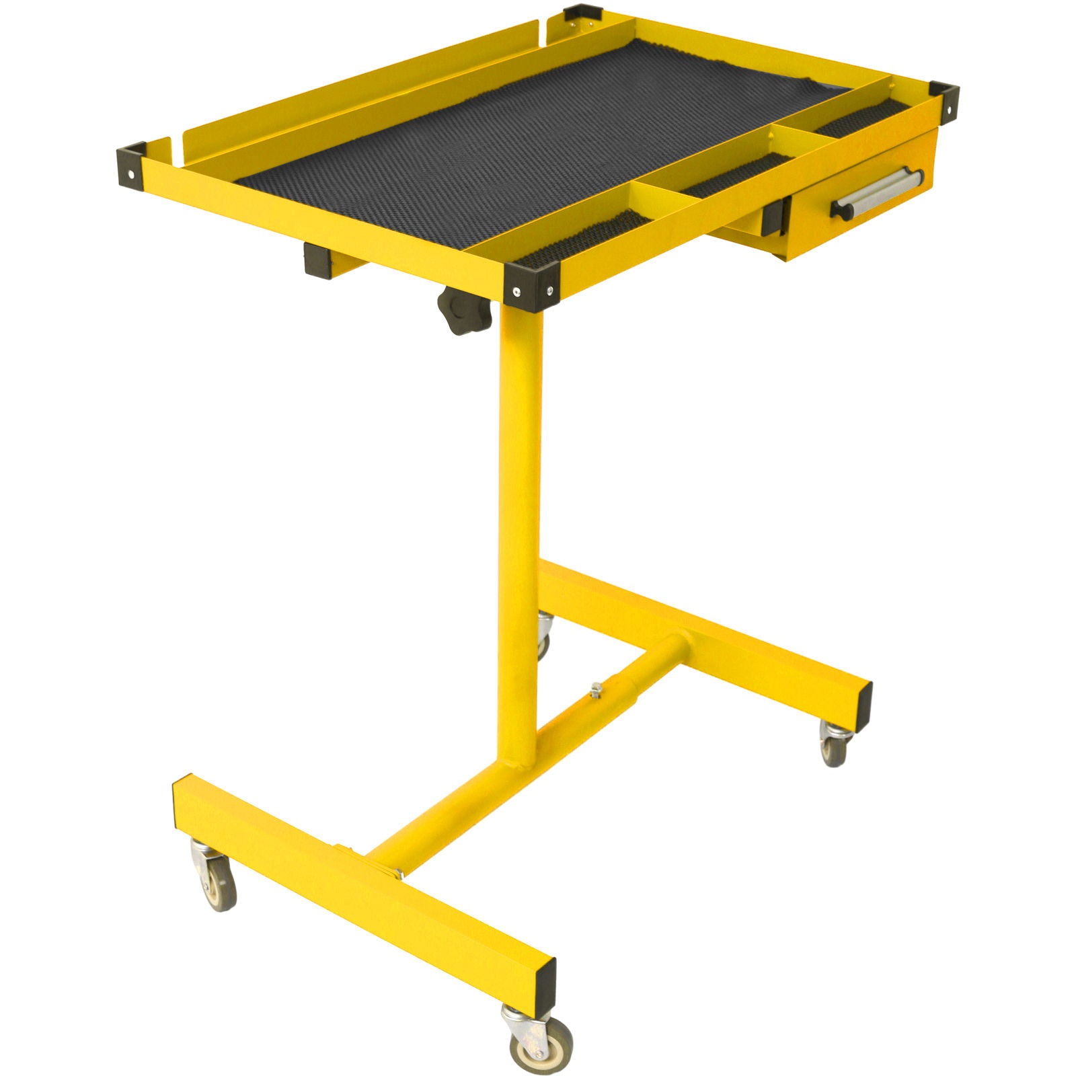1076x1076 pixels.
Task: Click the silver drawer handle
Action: [x=877, y=192]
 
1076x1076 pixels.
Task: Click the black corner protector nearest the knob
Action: [x=531, y=286]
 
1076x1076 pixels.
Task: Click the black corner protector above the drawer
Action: [x=944, y=101]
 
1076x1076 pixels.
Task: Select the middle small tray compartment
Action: [x=733, y=176]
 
